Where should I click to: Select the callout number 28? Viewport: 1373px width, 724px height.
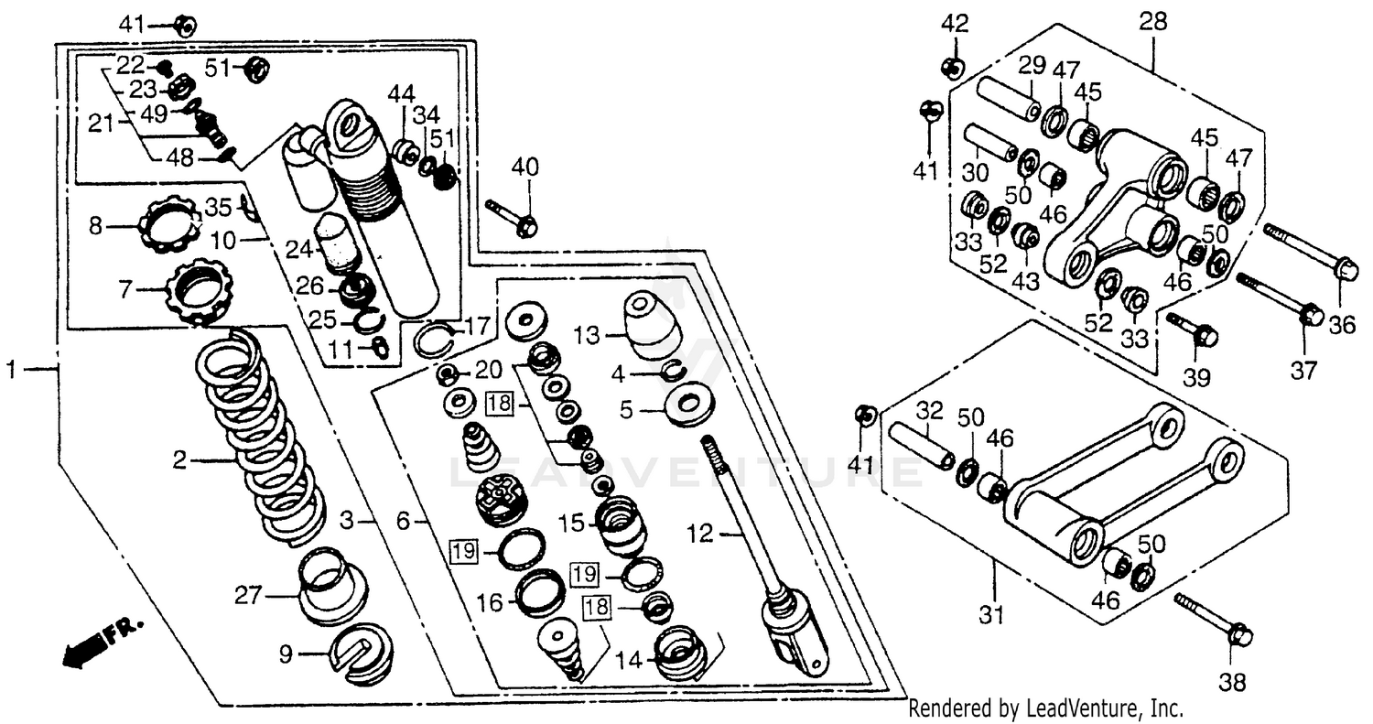tap(1152, 22)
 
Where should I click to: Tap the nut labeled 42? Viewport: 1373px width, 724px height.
tap(953, 66)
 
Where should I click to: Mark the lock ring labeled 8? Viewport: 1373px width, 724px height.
tap(170, 225)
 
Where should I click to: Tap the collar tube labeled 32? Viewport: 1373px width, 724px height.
tap(919, 444)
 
